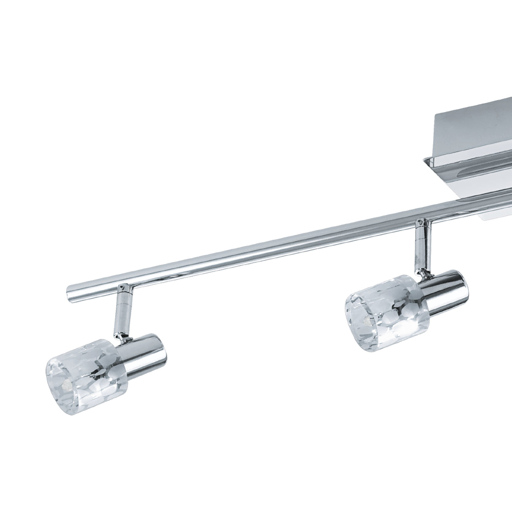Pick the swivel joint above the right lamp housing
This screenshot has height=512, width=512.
(x=427, y=275)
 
